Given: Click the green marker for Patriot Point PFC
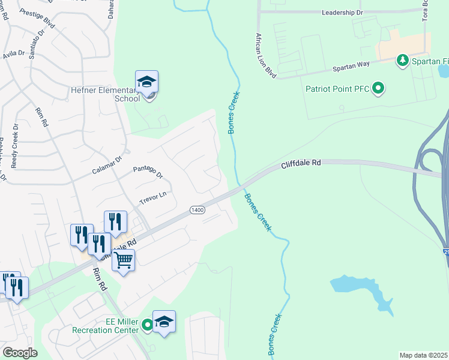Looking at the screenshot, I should pos(378,89).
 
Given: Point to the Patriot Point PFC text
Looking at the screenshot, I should pos(338,90).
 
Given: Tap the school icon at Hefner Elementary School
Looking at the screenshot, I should pos(147,82).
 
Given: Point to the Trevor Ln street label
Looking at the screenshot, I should pos(152,196).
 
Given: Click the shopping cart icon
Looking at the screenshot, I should pos(124,261).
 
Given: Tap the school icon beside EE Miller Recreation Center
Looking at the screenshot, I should pos(164,322).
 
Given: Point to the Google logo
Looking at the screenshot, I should pos(20,353).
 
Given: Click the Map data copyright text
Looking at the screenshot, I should pos(424,355).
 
